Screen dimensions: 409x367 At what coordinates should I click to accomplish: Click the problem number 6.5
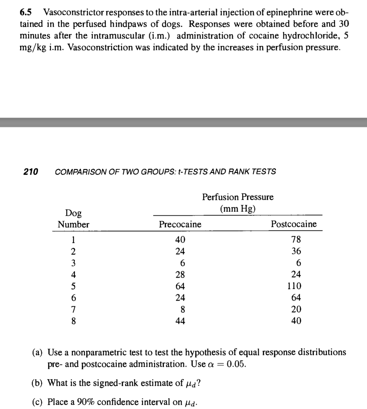26,12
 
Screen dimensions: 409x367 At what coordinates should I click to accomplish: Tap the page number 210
31,171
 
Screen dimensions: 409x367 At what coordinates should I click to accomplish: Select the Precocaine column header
180,224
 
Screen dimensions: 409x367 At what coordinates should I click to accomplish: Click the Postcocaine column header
294,224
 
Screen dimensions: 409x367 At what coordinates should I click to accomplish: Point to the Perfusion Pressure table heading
237,197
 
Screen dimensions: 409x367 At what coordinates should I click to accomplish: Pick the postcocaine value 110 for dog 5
294,286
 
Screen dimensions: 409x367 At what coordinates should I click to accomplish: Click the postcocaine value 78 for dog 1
296,239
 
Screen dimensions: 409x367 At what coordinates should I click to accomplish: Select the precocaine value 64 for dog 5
180,286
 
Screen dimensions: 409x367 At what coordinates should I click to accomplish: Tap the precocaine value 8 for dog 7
183,309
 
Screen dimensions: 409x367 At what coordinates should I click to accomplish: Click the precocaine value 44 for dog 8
180,321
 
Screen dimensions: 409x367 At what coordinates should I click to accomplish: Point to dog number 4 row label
73,275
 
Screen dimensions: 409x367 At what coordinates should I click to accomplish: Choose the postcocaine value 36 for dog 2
296,251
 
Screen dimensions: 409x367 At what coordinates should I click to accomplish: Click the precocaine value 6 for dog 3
182,263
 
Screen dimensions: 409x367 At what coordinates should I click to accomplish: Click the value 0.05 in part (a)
236,364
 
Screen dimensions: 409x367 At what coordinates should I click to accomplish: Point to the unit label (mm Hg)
237,209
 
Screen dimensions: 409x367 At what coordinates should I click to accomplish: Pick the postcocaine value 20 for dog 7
296,309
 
